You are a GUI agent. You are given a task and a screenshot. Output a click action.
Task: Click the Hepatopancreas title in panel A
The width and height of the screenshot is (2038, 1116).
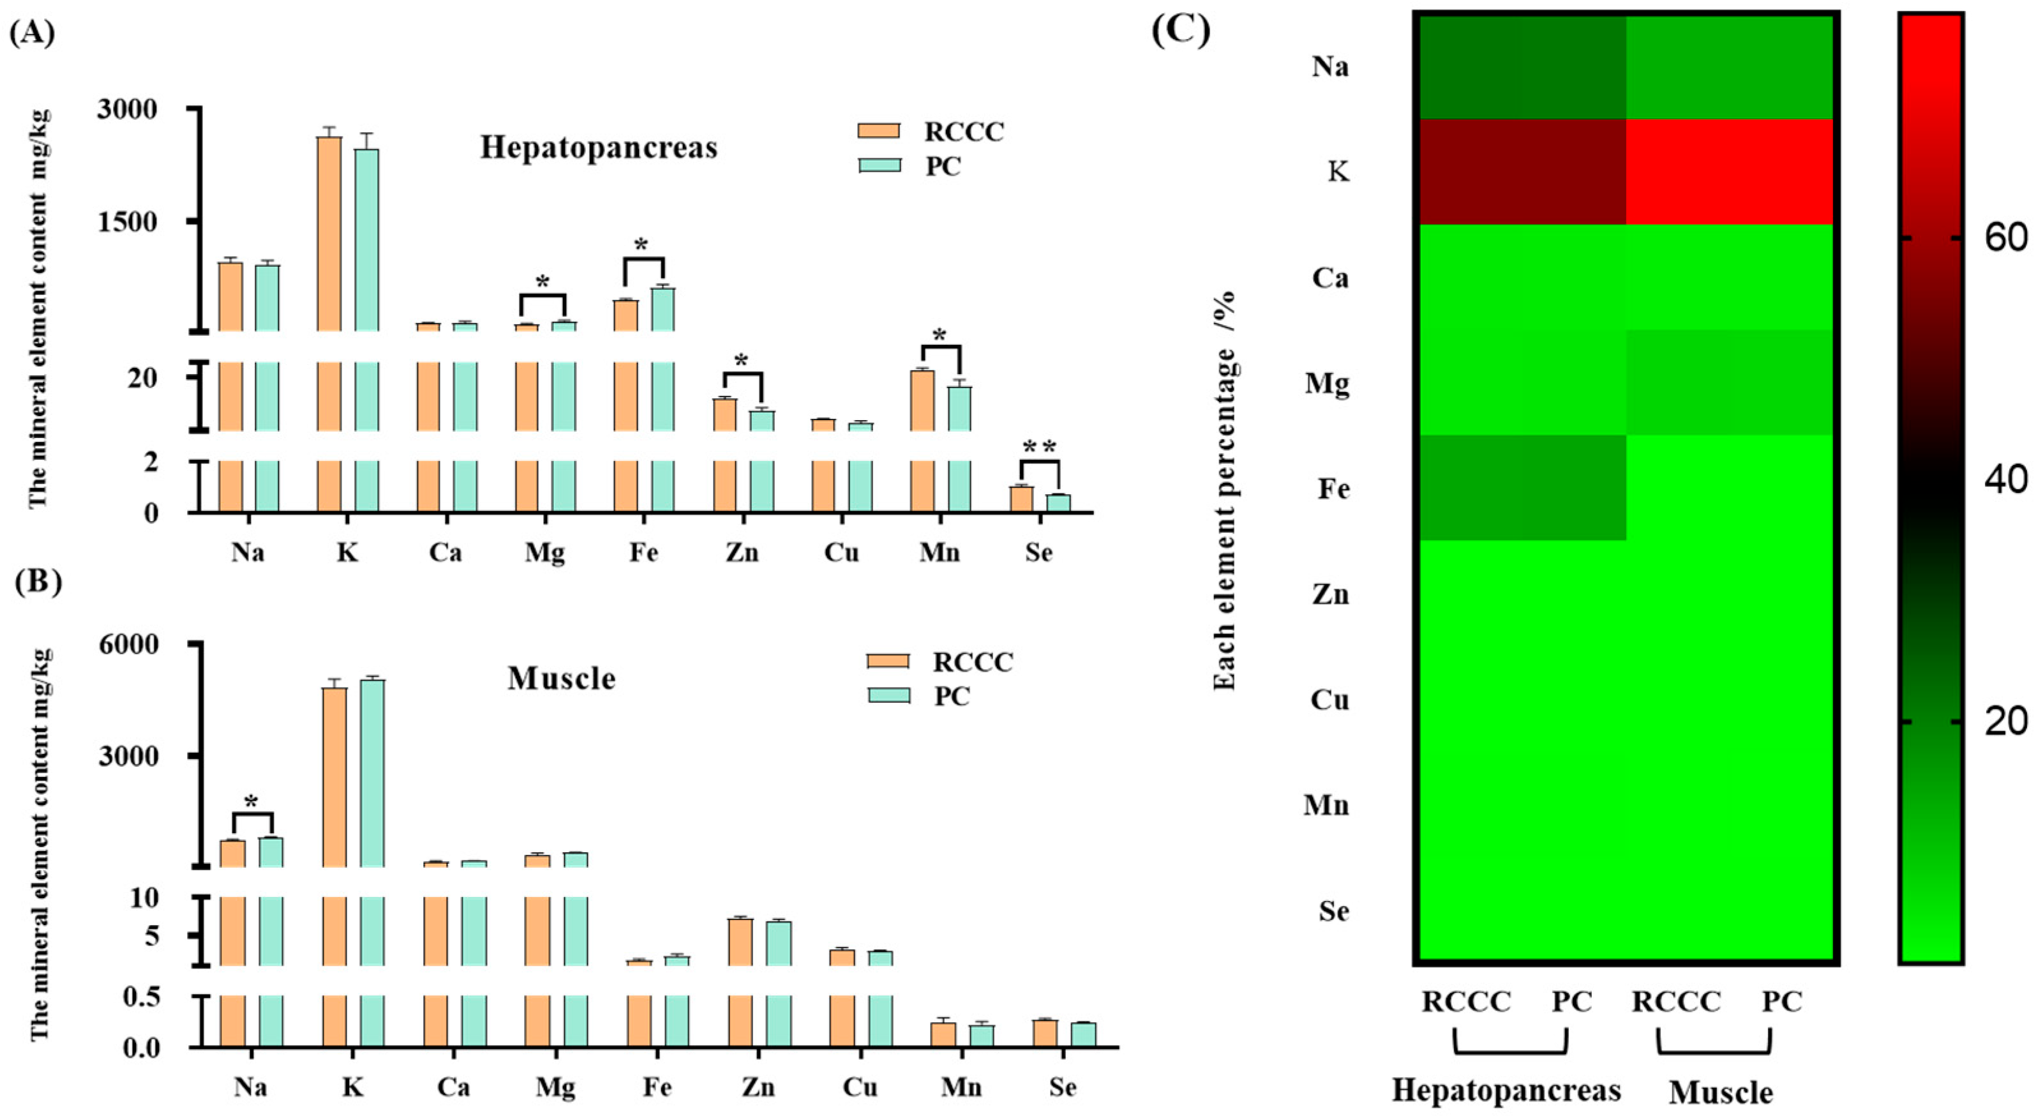598,147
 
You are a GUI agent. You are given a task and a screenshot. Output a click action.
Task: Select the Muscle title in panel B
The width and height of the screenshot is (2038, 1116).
561,678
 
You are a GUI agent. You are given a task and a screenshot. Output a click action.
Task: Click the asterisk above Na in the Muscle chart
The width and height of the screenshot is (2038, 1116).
251,803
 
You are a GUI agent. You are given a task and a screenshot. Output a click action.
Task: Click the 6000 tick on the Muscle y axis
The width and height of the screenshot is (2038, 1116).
128,644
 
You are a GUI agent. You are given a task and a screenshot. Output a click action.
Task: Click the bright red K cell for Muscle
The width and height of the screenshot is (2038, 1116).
1730,172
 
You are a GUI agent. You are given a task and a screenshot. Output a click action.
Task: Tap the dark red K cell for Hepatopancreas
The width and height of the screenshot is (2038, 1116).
1522,172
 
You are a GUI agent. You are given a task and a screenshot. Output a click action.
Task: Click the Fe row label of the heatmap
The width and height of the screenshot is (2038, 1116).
1333,488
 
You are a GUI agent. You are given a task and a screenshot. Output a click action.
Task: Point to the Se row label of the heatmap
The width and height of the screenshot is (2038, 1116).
1333,911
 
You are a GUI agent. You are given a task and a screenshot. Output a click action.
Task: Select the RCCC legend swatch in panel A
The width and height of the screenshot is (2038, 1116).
879,131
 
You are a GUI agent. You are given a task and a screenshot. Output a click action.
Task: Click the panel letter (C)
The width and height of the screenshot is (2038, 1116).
1180,30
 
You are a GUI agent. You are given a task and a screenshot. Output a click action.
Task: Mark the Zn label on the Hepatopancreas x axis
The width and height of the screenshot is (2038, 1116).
742,552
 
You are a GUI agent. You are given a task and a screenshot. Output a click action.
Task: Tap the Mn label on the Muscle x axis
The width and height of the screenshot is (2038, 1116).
961,1087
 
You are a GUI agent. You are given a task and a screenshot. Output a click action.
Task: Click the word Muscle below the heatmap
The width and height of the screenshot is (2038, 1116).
1721,1093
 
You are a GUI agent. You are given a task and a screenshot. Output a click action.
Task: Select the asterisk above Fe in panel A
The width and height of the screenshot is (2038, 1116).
641,245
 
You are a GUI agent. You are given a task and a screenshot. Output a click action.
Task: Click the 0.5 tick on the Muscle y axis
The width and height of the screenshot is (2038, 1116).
142,996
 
